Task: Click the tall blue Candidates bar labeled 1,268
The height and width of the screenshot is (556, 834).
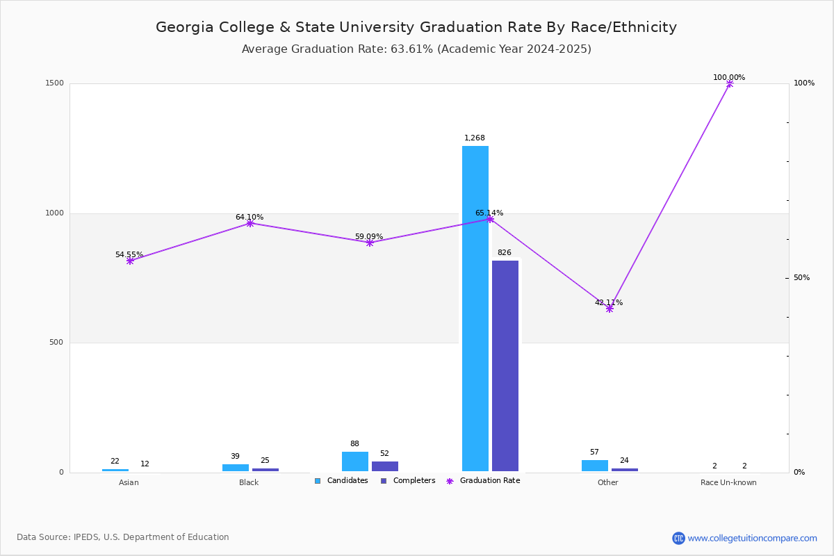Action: [x=475, y=309]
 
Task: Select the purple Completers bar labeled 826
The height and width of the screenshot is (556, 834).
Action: [x=505, y=366]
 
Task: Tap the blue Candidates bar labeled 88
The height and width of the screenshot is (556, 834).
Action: [x=355, y=461]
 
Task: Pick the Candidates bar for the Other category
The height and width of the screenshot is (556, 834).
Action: [x=595, y=466]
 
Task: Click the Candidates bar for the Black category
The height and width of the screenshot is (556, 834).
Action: [x=236, y=468]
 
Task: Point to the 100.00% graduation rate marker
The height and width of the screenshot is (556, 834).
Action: [x=729, y=83]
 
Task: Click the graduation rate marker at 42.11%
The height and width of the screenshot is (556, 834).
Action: [x=610, y=309]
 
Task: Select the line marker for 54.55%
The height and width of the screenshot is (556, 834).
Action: [x=130, y=261]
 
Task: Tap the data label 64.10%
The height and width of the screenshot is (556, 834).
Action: [x=250, y=218]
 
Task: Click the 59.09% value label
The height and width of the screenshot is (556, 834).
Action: [x=369, y=237]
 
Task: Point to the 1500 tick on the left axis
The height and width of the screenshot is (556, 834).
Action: [x=56, y=83]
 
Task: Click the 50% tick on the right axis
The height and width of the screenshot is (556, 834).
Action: [x=801, y=278]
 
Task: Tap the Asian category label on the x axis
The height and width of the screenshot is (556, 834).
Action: [x=129, y=482]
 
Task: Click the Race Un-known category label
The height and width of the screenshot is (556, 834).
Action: [x=728, y=482]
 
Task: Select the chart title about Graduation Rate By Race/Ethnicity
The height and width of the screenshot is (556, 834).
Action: [x=416, y=27]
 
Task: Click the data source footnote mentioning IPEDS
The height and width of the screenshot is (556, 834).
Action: [x=123, y=537]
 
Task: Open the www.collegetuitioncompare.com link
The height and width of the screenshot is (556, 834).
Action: [x=752, y=538]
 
